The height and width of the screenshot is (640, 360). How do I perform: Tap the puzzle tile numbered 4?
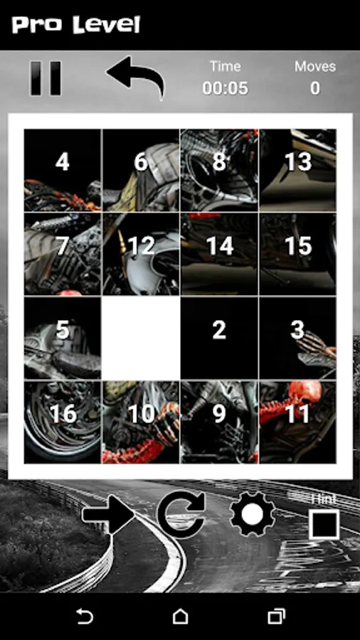click(63, 170)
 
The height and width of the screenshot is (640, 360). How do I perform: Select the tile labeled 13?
click(298, 170)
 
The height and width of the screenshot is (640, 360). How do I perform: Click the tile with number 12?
click(141, 254)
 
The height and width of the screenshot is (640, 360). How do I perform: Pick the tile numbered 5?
click(63, 338)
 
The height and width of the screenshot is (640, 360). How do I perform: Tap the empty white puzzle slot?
click(141, 338)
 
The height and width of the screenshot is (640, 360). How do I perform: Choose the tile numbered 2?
click(219, 338)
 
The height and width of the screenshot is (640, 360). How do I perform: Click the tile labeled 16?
click(63, 422)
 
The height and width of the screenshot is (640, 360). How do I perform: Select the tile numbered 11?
click(298, 422)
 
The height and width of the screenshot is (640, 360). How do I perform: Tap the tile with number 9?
click(219, 422)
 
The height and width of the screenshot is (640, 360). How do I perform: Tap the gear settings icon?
click(253, 515)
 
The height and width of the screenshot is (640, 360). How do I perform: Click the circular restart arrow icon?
click(181, 515)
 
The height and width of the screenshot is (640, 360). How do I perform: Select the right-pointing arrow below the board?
click(109, 515)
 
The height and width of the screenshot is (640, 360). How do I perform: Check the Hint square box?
click(324, 524)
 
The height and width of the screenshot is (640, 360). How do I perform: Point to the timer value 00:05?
click(226, 88)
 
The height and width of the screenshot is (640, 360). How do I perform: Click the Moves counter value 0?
click(314, 88)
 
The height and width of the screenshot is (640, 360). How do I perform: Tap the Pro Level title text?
click(76, 26)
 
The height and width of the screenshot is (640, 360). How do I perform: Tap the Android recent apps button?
click(276, 616)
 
